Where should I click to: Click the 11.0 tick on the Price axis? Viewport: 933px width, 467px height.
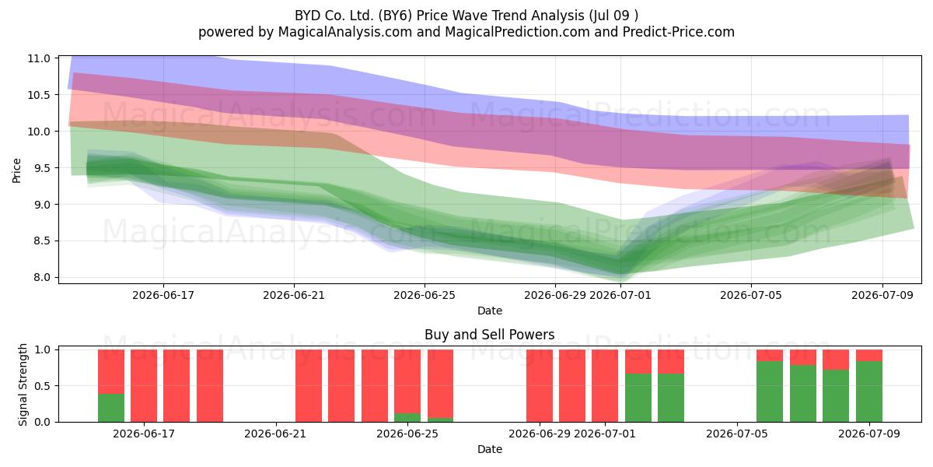point(38,58)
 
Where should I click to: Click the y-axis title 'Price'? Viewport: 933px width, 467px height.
point(16,170)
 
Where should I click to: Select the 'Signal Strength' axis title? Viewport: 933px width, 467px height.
point(23,384)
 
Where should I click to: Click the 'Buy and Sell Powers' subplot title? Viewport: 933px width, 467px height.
point(489,335)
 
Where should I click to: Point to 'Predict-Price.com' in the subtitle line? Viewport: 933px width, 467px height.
point(679,32)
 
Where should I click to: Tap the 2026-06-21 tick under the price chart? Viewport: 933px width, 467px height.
point(294,295)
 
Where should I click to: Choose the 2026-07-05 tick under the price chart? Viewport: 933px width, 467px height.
point(751,295)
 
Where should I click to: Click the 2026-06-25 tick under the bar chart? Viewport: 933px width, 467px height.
point(407,434)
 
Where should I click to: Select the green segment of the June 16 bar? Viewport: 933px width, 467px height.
point(111,408)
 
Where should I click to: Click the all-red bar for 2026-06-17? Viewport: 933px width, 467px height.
point(144,386)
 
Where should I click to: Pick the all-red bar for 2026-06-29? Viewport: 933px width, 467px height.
point(540,386)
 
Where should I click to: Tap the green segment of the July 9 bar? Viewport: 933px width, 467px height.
point(869,392)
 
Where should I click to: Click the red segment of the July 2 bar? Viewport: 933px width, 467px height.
point(671,361)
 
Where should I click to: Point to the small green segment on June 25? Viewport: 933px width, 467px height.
point(407,418)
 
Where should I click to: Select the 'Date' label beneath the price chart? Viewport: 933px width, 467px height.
point(489,311)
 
